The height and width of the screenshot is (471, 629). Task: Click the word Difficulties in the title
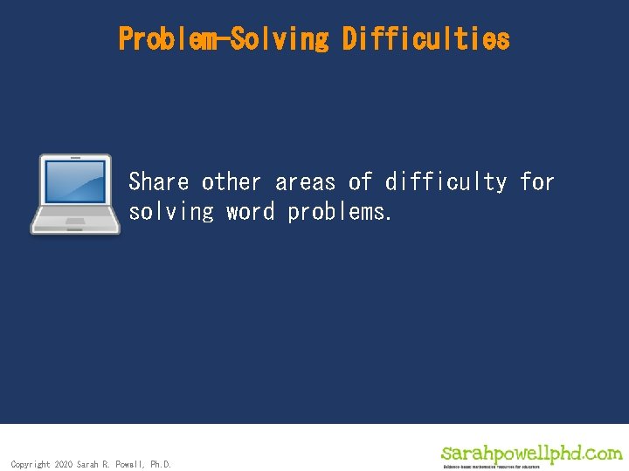coord(425,39)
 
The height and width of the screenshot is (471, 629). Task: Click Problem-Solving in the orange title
coord(224,39)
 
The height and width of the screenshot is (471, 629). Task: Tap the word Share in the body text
coord(159,182)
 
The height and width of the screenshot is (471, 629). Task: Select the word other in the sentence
coord(232,182)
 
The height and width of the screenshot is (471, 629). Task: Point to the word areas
coord(305,182)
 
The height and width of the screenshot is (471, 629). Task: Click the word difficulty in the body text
coord(446,182)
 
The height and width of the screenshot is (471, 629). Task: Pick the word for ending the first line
coord(537,182)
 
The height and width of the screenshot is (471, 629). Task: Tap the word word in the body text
coord(250,212)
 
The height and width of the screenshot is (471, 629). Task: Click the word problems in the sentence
coord(339,212)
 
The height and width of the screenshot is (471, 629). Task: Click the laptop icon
coord(75,195)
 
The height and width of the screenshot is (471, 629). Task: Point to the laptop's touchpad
coord(75,222)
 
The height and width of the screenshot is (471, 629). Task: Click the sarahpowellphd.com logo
coord(531,453)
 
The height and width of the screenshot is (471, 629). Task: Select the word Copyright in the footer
coord(31,465)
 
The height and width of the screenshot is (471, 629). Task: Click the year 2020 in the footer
coord(63,465)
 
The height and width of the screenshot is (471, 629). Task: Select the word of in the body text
coord(360,182)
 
